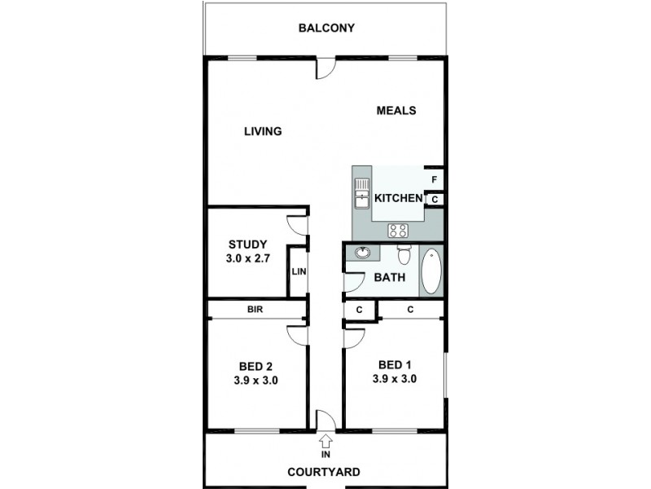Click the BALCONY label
(326, 28)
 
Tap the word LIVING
(263, 131)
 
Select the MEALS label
(396, 111)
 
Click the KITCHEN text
(398, 198)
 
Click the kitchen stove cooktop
(398, 230)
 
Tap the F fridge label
(435, 179)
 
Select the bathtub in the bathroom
(430, 271)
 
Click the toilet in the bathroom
(404, 254)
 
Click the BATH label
(389, 278)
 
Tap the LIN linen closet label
(299, 272)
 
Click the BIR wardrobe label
(255, 310)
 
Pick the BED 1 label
(395, 364)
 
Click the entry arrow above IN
(326, 441)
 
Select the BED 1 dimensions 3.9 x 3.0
(395, 378)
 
